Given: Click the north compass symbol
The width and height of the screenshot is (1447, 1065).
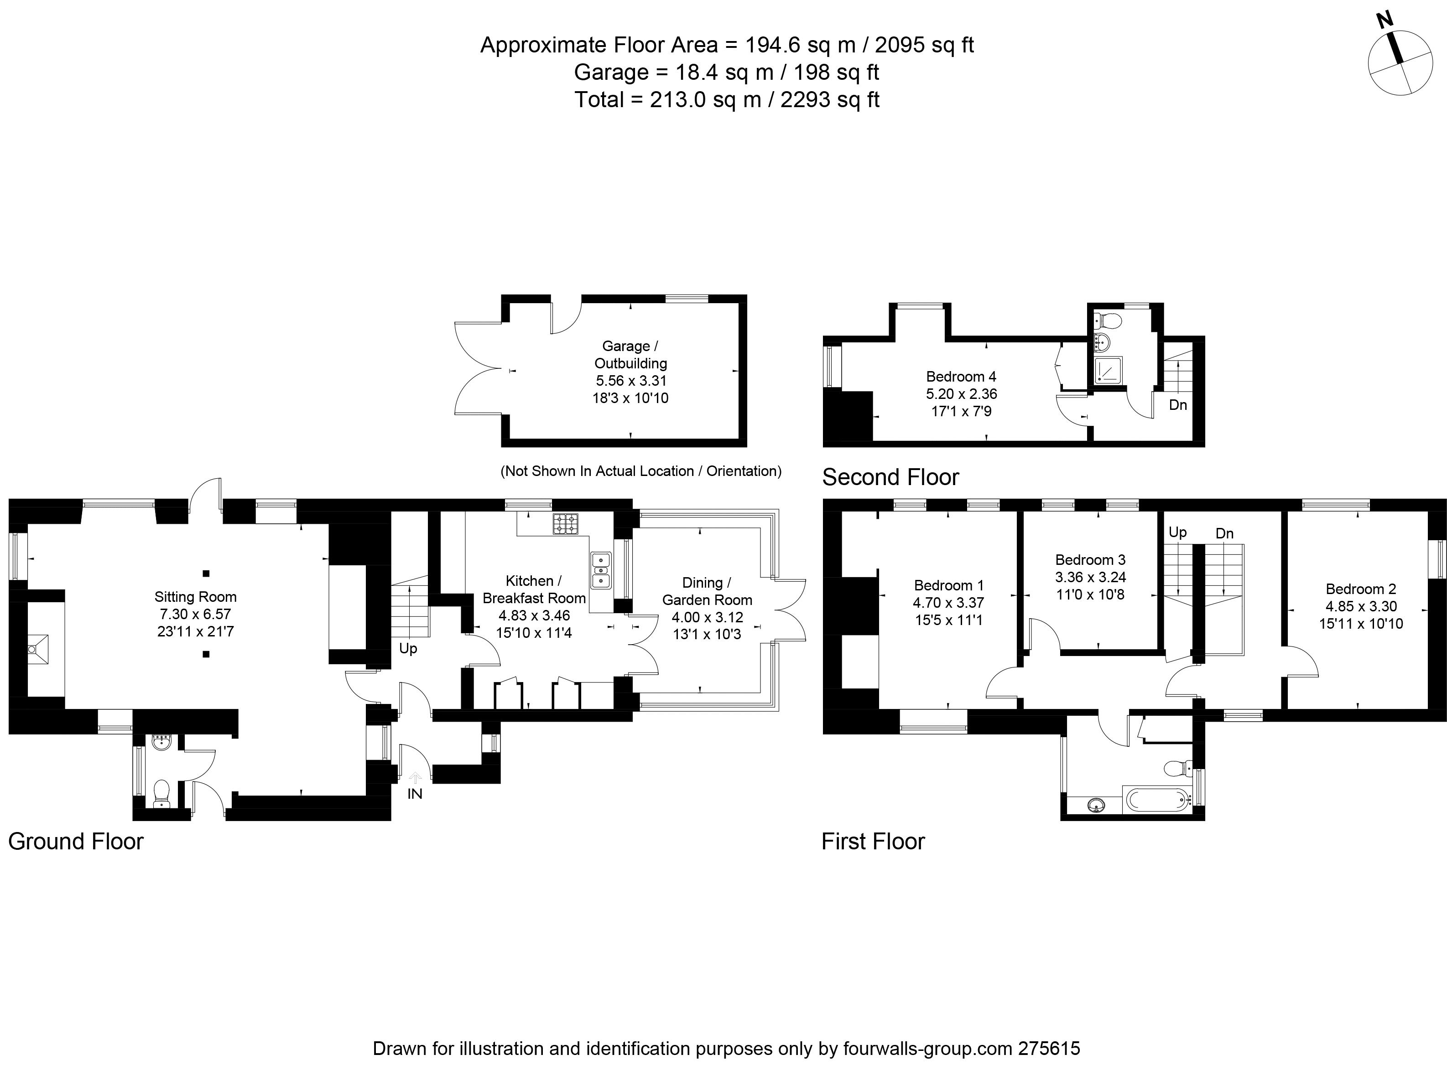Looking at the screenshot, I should point(1400,63).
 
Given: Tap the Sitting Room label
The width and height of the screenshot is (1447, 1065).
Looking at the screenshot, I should point(195,597).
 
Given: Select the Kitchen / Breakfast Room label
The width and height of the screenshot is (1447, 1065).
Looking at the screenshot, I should point(534,589).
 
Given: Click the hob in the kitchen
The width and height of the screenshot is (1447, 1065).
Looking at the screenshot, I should point(565,523).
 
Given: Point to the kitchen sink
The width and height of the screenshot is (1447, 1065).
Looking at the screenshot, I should point(600,570).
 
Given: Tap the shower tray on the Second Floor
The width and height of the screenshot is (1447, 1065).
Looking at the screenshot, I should point(1108,370).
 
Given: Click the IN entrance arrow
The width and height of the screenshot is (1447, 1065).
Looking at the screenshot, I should point(415,779).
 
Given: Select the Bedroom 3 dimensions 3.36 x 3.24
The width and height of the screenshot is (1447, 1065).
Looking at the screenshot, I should point(1090,577).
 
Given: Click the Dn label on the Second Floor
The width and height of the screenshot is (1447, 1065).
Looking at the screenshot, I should point(1177,405).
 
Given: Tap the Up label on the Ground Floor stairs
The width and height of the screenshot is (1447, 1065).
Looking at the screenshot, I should point(408,649).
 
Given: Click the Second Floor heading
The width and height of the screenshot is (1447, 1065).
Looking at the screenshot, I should point(890,477).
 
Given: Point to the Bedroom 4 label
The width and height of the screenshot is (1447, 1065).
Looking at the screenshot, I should point(961,377).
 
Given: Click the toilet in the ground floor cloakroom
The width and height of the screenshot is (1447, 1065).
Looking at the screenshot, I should point(162,791).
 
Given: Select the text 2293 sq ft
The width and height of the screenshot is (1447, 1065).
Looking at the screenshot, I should point(830,100).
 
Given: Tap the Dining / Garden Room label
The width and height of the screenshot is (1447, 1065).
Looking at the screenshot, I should point(707,591).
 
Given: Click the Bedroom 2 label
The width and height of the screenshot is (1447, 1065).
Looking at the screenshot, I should point(1361,589).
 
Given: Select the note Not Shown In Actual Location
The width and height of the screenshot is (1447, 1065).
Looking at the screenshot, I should point(640,471).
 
